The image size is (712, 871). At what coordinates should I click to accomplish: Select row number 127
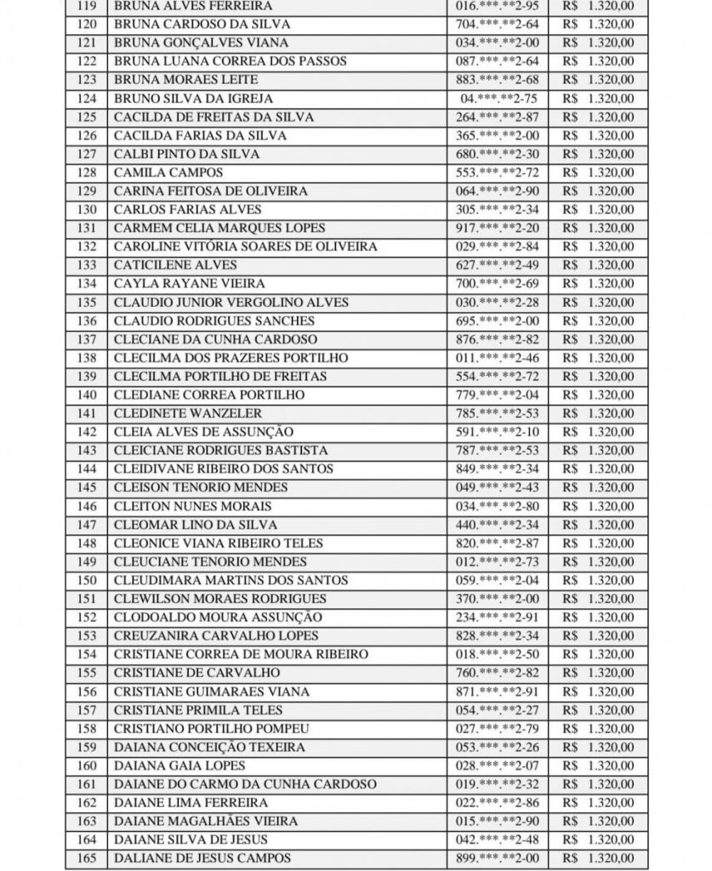pos(86,154)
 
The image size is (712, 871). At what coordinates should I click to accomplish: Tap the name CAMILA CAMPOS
pos(157,173)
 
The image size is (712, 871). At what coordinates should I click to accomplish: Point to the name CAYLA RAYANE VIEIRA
pos(189,284)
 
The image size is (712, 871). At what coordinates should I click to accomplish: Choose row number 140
pos(86,396)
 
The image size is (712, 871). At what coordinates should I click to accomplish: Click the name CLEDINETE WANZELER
pos(187,414)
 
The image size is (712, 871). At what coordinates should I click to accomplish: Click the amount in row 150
pos(598,581)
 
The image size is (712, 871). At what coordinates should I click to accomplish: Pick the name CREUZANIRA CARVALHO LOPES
pos(216,636)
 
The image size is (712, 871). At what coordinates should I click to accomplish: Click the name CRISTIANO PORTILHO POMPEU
pos(211,729)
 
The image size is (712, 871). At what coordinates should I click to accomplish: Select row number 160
pos(86,766)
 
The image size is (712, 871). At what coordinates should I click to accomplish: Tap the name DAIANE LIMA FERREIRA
pos(191,803)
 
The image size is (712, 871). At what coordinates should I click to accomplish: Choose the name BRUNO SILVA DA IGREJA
pos(193,99)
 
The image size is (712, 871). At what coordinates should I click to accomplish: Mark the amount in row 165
pos(598,858)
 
